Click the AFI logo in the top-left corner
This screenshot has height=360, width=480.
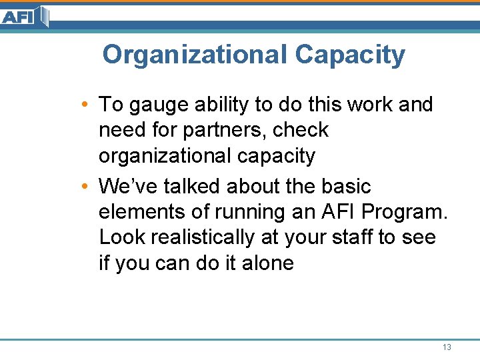pyautogui.click(x=25, y=16)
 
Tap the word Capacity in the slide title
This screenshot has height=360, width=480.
pyautogui.click(x=350, y=55)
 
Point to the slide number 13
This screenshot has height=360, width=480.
pyautogui.click(x=447, y=347)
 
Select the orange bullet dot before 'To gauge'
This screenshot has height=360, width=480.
pyautogui.click(x=80, y=105)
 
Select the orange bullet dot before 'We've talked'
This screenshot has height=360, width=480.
pyautogui.click(x=80, y=187)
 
